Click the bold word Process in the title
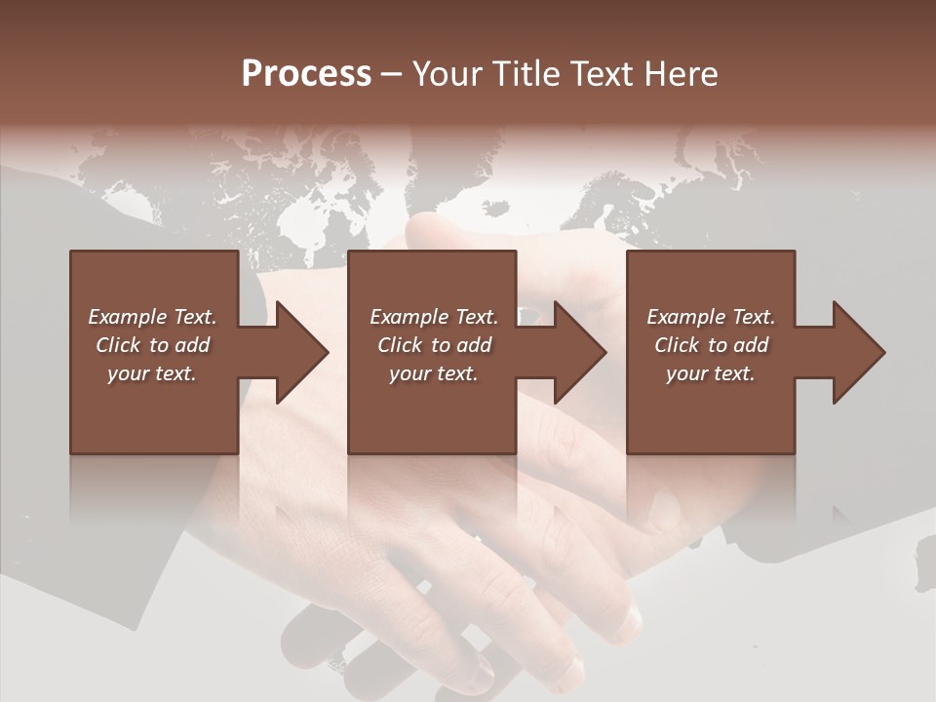(306, 74)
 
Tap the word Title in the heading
(527, 74)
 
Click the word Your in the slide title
(449, 74)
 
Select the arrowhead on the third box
(857, 352)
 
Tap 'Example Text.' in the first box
(152, 317)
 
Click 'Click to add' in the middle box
(434, 345)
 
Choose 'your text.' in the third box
(711, 373)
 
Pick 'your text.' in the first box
(152, 373)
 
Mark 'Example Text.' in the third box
(711, 317)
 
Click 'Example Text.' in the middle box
(434, 317)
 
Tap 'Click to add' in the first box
(152, 345)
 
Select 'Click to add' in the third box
(711, 345)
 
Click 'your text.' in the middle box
(434, 373)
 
